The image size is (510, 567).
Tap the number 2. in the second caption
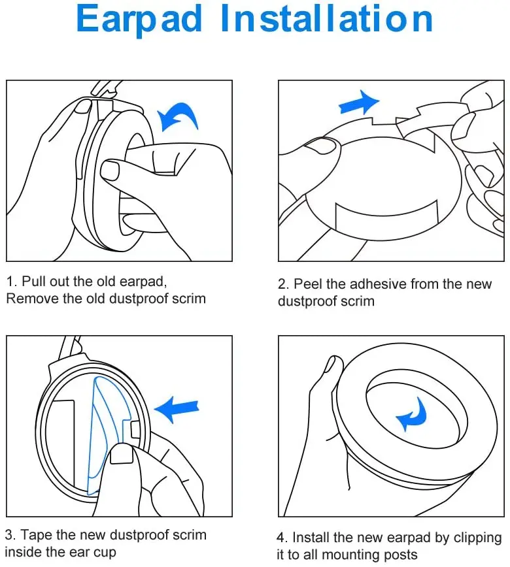[x=284, y=284]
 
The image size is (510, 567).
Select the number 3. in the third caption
[x=11, y=535]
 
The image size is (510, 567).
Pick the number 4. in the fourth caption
[x=283, y=538]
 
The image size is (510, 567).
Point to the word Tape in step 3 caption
[x=37, y=535]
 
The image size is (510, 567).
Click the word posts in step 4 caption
[x=398, y=555]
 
